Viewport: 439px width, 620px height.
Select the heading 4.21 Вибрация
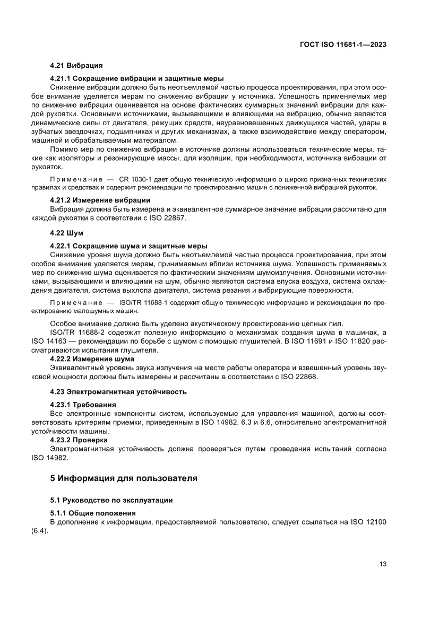(76, 66)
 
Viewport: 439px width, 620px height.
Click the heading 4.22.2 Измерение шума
(92, 359)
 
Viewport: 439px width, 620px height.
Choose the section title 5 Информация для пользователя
(124, 478)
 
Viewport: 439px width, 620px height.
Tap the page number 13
(382, 564)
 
